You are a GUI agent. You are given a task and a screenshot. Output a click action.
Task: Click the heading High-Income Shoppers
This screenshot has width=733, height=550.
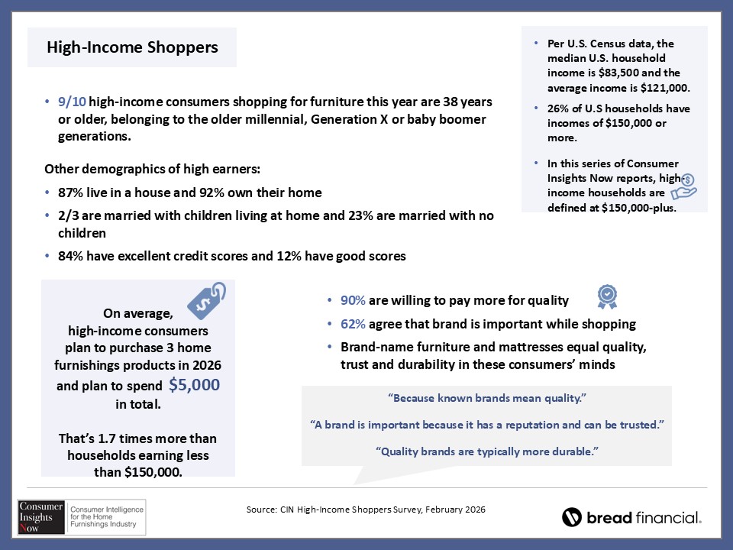point(132,47)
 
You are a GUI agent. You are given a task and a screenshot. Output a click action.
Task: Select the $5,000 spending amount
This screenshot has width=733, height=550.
point(194,385)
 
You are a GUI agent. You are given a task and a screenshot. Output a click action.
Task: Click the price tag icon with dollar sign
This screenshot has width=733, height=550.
point(206,301)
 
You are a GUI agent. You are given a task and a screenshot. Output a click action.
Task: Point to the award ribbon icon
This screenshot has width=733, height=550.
point(607,296)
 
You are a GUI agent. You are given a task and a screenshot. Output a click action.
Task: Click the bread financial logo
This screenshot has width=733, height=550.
point(631,517)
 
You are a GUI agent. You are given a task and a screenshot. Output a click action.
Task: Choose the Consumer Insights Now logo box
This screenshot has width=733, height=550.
point(82,517)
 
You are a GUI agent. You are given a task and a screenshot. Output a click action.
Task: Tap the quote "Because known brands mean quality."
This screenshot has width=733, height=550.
point(486,399)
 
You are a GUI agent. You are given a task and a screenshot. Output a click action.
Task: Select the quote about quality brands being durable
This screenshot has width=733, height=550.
point(486,451)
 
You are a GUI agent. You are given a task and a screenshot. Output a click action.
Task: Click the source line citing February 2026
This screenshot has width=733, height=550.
point(366,509)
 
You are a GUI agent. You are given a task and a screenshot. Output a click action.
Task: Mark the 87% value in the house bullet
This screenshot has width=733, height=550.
point(70,192)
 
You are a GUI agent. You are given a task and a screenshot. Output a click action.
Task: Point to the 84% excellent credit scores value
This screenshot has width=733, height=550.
point(70,257)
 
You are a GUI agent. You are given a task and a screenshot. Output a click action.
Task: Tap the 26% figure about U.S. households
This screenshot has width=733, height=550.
point(558,108)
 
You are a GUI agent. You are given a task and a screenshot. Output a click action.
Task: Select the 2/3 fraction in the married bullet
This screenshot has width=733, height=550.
point(68,215)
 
